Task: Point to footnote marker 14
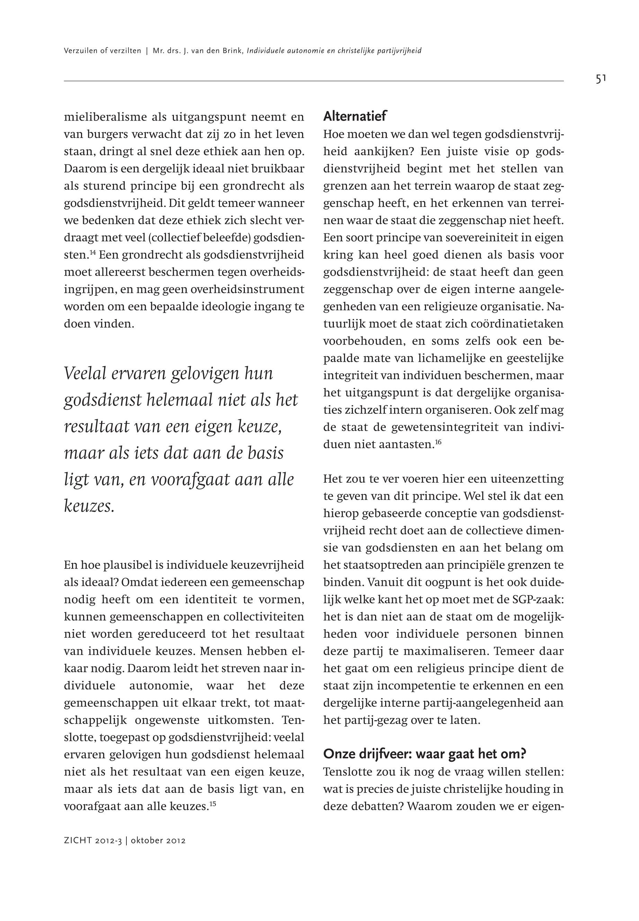[x=92, y=252]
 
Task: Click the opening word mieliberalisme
[x=104, y=118]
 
